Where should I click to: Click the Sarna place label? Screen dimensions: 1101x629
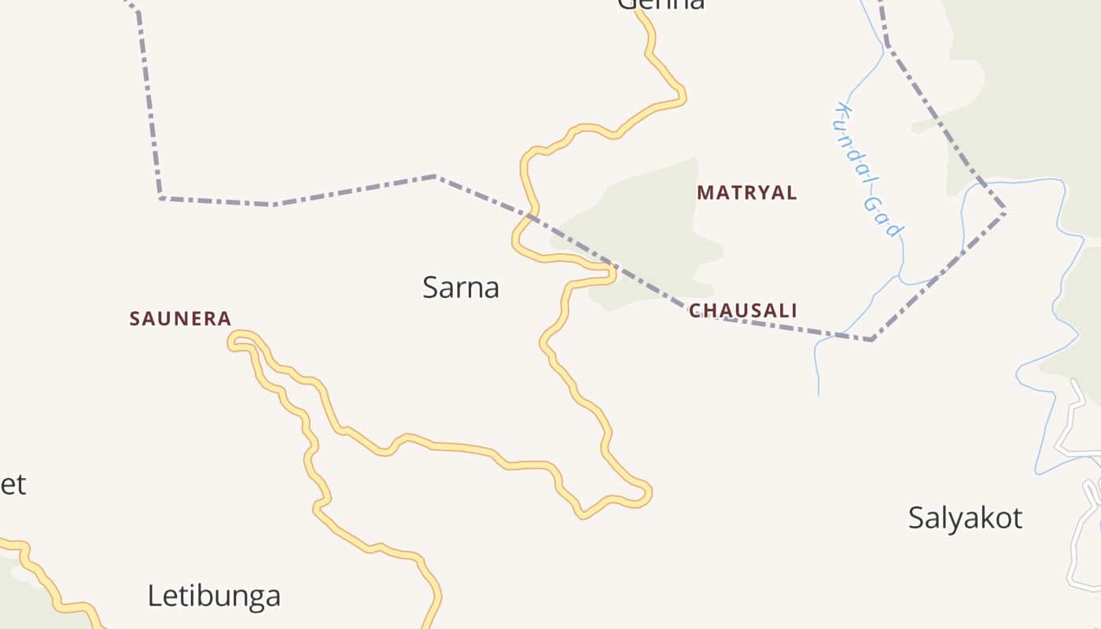click(461, 288)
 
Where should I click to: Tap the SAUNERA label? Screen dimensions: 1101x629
click(180, 318)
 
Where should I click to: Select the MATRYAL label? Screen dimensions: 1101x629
click(747, 192)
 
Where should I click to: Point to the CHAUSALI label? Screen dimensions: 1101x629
click(743, 311)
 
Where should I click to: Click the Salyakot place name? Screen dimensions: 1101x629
click(965, 518)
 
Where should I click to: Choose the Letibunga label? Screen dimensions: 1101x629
click(214, 596)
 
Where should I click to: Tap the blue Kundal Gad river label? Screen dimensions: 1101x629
click(868, 169)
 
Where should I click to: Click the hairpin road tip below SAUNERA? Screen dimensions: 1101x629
click(233, 340)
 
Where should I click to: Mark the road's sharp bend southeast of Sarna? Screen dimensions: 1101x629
click(646, 494)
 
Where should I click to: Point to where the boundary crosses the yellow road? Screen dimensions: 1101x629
click(532, 215)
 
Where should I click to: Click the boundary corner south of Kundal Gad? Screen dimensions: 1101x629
click(872, 340)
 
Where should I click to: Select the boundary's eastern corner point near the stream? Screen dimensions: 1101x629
click(1004, 211)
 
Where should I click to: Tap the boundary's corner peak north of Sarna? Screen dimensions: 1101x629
click(436, 176)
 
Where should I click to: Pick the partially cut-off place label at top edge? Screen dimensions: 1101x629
click(661, 5)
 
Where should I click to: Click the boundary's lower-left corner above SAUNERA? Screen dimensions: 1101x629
click(160, 197)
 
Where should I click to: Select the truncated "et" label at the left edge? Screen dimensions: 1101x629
click(13, 484)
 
